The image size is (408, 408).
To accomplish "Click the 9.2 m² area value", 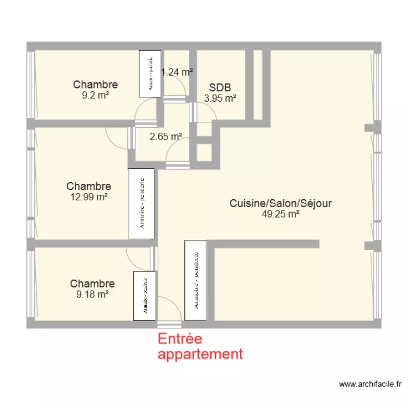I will tap(95, 94).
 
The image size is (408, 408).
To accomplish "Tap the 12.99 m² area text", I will tap(89, 197).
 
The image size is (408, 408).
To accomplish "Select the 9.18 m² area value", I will tap(92, 294).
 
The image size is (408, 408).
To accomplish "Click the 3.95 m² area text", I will tap(220, 98).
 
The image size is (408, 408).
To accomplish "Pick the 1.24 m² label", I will tap(177, 72).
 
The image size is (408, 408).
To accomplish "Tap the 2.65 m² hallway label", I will tap(166, 137).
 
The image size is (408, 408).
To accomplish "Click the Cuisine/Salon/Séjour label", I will tap(280, 203).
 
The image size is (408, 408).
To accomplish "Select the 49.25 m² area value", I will tap(281, 214).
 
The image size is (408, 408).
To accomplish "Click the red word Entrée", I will tap(180, 339).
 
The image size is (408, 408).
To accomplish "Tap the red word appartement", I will tap(200, 354).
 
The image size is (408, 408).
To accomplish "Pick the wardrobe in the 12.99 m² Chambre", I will tap(141, 203).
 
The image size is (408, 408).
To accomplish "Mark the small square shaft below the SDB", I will tap(204, 153).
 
